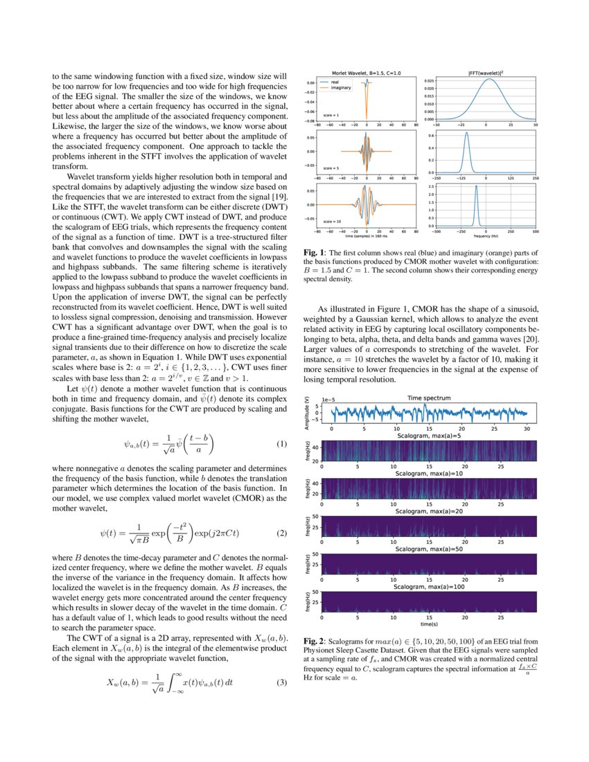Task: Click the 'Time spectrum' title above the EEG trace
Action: pyautogui.click(x=428, y=398)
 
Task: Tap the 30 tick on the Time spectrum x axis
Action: pyautogui.click(x=527, y=429)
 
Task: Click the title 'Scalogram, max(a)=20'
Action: pyautogui.click(x=428, y=511)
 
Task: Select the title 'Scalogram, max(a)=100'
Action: pyautogui.click(x=428, y=585)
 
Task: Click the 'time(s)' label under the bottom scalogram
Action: pyautogui.click(x=428, y=624)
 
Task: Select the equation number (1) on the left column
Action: pyautogui.click(x=281, y=443)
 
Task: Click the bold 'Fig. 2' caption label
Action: pyautogui.click(x=315, y=641)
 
